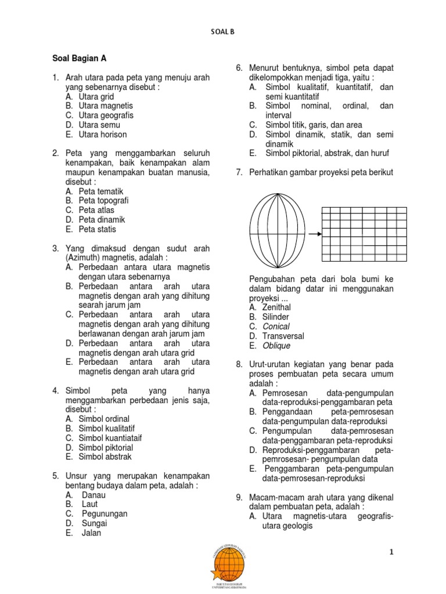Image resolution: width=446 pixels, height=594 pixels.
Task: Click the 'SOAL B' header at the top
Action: pos(223,32)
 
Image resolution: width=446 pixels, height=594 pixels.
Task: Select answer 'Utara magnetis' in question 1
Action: pos(106,106)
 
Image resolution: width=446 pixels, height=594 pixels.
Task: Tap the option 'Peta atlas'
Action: pos(96,210)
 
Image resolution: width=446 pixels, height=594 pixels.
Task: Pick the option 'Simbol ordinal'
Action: pos(104,419)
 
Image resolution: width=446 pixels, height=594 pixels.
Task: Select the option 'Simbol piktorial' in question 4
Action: pos(106,447)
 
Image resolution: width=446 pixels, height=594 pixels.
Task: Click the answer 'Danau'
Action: pos(93,495)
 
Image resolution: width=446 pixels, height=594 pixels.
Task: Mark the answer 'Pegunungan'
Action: pos(105,513)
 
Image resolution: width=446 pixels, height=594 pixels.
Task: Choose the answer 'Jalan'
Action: pos(91,533)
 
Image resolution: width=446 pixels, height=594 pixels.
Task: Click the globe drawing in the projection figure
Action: pos(276,234)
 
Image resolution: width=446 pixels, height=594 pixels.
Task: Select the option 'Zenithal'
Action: pos(276,307)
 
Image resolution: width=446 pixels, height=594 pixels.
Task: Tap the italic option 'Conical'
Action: pos(276,326)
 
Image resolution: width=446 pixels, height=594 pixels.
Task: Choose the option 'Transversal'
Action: pos(283,336)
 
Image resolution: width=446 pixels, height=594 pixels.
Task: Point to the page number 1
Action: pos(392,552)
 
